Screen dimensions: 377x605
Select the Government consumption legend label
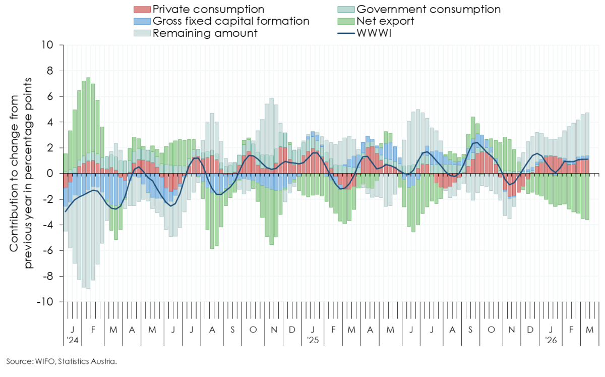pos(428,10)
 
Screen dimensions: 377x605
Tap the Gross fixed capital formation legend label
pos(230,21)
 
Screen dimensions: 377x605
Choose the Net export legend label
pos(385,21)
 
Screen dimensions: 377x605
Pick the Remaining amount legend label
pos(205,33)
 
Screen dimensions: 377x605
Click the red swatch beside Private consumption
pos(142,10)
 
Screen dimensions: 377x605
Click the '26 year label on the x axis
pos(552,341)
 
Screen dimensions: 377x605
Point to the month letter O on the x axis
pos(253,330)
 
